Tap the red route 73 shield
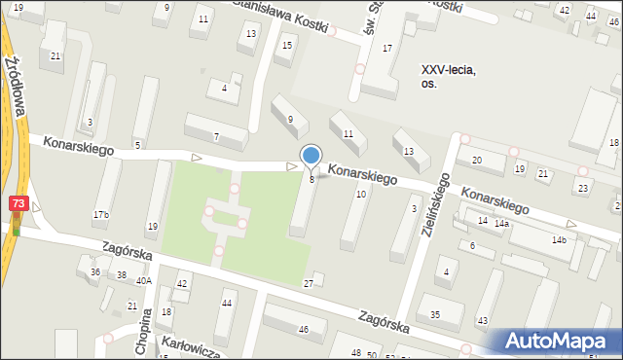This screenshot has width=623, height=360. (x=18, y=203)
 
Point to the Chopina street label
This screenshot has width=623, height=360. (x=145, y=333)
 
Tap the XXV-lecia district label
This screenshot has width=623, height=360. (x=447, y=76)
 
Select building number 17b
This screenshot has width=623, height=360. (x=101, y=214)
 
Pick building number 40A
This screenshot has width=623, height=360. (x=144, y=280)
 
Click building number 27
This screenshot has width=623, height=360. (x=309, y=283)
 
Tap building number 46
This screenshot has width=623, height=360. (x=303, y=331)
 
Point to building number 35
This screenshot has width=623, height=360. (x=435, y=314)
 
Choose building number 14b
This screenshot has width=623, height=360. (x=559, y=240)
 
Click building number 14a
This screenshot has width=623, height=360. (x=501, y=224)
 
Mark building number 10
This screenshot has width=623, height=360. (x=361, y=195)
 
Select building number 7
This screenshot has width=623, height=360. (x=216, y=136)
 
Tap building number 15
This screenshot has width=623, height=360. (x=286, y=45)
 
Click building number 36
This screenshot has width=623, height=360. (x=94, y=272)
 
